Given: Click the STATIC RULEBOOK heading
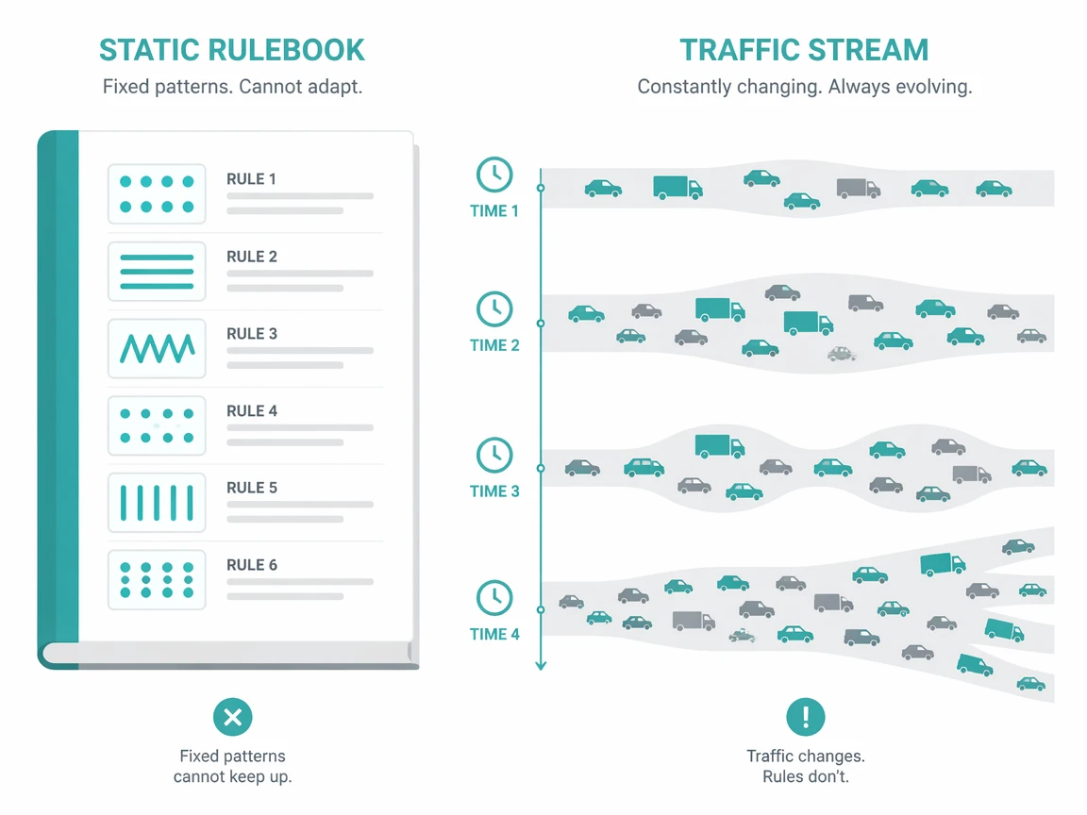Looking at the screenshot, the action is click(231, 50).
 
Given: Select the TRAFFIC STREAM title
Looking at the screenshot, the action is click(804, 50).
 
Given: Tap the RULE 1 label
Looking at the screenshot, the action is click(251, 179).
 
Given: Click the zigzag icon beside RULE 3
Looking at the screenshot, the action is click(157, 348).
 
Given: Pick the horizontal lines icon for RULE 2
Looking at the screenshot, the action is click(157, 271).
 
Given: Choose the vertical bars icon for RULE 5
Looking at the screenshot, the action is click(157, 503).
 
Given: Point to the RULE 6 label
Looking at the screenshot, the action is click(252, 565).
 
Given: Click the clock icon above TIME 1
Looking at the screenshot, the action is click(494, 175).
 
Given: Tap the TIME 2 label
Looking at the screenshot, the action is click(494, 345).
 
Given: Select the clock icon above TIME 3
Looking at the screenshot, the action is click(494, 456).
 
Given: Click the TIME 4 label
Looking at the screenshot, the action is click(494, 634).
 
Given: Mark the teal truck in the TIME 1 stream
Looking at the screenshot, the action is click(677, 187).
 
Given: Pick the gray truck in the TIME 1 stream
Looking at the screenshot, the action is click(859, 188).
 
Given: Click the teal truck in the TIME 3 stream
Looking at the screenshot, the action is click(720, 446).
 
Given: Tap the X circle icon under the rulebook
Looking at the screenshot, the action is click(233, 717).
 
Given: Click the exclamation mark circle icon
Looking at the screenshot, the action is click(806, 717).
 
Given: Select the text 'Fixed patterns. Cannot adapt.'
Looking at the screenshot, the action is click(232, 87).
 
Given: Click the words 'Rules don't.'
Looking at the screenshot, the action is click(806, 776).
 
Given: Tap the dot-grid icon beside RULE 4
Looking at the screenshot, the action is click(157, 425).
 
